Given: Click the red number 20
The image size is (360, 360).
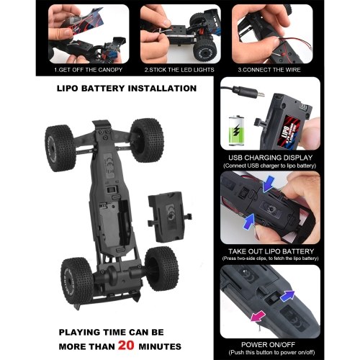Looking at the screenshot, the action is pos(126,346).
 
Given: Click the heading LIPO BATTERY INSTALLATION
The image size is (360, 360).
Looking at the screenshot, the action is pos(127,89).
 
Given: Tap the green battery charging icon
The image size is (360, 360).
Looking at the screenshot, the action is pos(236,130).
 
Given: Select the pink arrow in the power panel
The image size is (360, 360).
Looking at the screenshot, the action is pos(258,316).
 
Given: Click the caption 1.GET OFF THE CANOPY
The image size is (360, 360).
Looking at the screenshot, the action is pos(89,70).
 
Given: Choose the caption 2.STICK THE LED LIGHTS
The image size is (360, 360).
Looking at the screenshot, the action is pos(179,70).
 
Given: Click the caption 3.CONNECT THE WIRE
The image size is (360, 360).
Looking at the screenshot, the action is pos(269,70).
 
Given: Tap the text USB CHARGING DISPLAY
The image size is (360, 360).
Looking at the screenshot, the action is pos(271,158).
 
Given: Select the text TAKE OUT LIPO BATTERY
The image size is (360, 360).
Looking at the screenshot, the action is pos(271,251).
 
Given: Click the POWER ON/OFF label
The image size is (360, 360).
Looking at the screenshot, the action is pos(268,345).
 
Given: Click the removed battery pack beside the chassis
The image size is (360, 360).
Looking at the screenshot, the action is pos(169,217).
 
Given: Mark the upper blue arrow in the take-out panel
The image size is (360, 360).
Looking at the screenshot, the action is pos(269,184).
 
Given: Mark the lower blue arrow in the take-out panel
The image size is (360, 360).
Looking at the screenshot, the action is pos(248,221).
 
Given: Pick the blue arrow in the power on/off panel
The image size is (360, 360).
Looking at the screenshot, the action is pos(287,296).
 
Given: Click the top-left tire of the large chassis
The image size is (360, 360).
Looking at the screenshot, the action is pos(60,148).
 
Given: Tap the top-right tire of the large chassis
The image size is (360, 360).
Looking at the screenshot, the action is pos(147,140).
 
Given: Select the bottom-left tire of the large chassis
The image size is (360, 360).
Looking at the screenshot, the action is pos(77,281).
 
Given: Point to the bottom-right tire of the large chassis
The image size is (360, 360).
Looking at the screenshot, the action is pos(162,269).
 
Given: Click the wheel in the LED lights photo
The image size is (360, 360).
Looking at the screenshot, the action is pos(204,50).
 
